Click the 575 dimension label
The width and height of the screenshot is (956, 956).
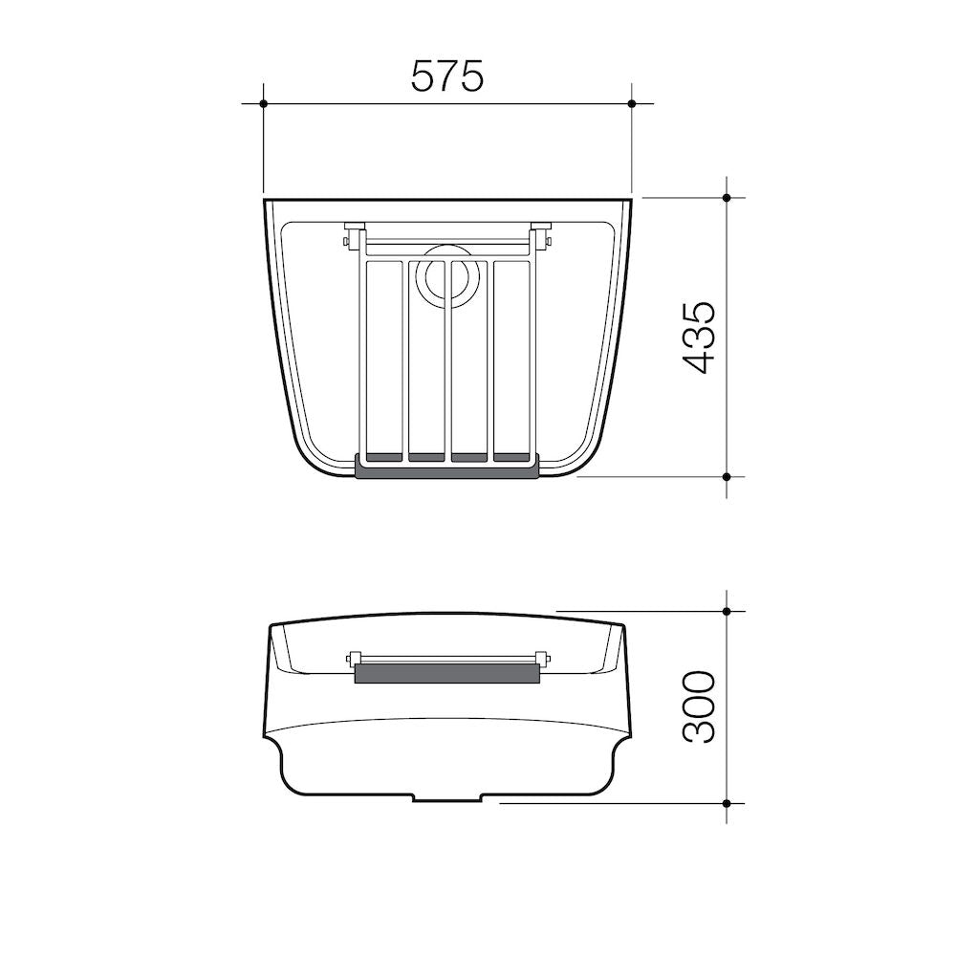tap(446, 76)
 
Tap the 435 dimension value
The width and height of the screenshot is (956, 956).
tap(698, 337)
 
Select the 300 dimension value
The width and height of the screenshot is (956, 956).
tap(698, 706)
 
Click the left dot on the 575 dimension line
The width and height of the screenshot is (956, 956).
tap(264, 103)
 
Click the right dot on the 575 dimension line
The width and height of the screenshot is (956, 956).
tap(632, 103)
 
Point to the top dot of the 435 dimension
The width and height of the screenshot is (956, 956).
tap(727, 198)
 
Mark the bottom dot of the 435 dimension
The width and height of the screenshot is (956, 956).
tap(727, 476)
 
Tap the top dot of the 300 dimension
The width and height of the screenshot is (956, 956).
tap(727, 611)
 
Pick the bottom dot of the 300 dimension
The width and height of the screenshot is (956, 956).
tap(727, 803)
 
